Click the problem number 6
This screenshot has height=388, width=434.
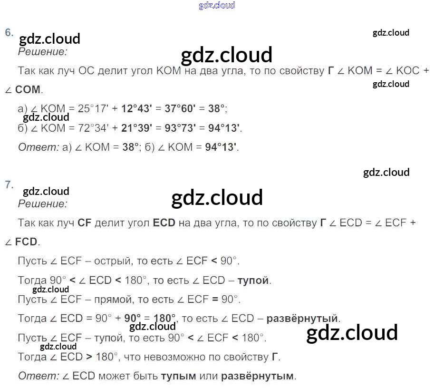[9, 32]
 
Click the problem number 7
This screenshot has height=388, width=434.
[9, 184]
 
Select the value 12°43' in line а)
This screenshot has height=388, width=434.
[136, 108]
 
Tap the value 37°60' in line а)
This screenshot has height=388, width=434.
[180, 108]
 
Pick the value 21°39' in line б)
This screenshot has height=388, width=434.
[136, 128]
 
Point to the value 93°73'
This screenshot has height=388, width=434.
[180, 128]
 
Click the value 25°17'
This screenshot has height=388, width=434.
[93, 108]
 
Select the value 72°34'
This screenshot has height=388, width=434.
[93, 128]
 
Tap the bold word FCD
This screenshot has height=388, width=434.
[26, 242]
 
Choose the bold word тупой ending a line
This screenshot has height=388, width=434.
[253, 280]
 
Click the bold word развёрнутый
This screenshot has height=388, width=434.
[302, 318]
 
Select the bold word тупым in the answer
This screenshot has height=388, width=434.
[178, 376]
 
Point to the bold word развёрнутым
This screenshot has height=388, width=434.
[257, 376]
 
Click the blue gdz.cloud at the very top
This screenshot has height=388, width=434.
[217, 6]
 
